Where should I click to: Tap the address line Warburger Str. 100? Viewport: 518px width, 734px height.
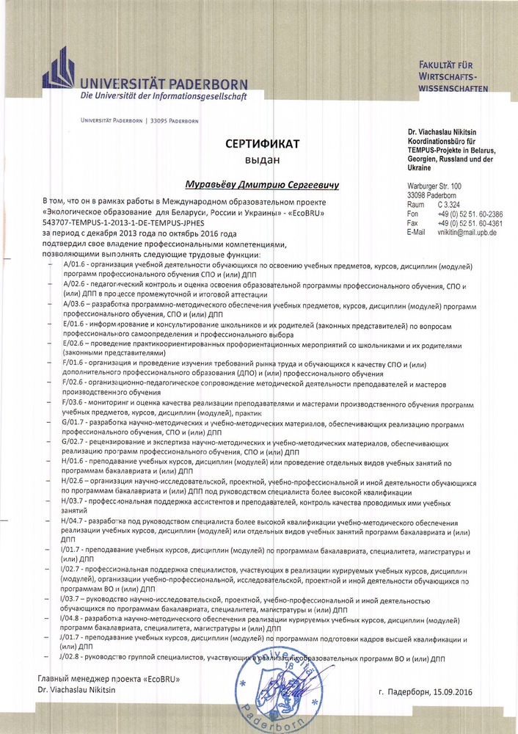click(434, 187)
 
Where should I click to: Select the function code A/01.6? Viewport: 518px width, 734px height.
click(75, 264)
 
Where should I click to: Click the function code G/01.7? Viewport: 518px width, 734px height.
click(75, 424)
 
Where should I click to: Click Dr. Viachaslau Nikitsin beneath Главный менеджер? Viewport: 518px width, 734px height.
click(76, 691)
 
